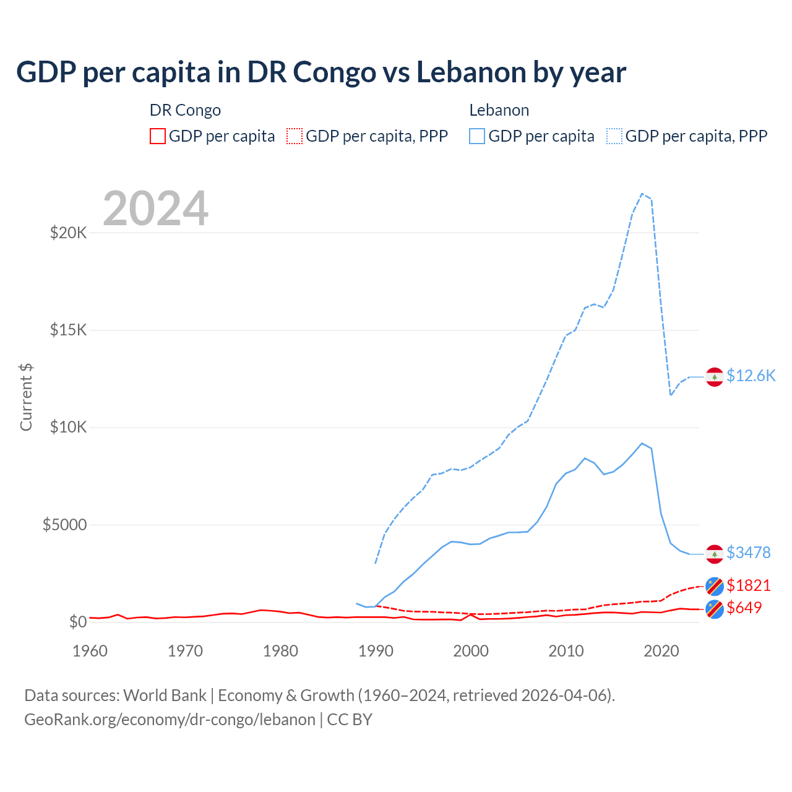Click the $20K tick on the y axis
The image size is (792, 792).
(x=68, y=233)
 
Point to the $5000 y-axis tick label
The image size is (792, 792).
(x=64, y=525)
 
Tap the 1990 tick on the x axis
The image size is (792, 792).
(x=376, y=651)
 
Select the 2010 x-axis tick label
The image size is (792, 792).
(x=566, y=651)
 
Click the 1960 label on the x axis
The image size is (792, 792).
(x=90, y=651)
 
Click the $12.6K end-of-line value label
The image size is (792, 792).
(x=751, y=376)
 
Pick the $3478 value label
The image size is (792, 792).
(x=748, y=553)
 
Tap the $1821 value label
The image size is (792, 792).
(x=748, y=585)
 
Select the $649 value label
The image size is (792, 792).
(x=744, y=608)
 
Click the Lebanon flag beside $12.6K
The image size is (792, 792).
(x=715, y=377)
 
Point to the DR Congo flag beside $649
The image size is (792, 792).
(x=715, y=609)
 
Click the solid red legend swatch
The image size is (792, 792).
(x=158, y=136)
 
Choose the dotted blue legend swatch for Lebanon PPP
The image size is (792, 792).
(x=614, y=136)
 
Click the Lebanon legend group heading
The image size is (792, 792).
(x=499, y=110)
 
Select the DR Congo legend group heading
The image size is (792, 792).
(x=185, y=110)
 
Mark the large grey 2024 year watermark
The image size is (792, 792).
(x=155, y=209)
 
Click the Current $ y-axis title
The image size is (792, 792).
(x=26, y=397)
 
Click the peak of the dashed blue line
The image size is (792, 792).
(x=642, y=194)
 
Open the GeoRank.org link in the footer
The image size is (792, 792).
(x=170, y=720)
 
